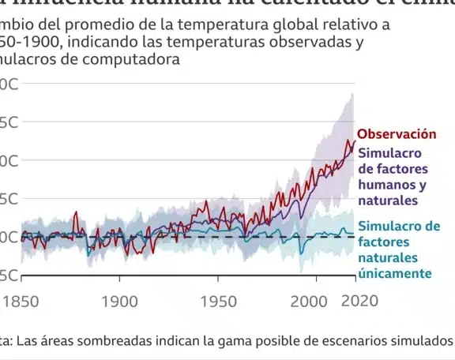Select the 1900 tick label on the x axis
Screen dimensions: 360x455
tap(119, 301)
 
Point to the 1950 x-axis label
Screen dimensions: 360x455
tap(217, 301)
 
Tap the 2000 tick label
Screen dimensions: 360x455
tap(316, 301)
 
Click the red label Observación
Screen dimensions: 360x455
tap(397, 134)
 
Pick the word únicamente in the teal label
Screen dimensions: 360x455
tap(395, 273)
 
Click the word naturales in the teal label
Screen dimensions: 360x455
tap(389, 257)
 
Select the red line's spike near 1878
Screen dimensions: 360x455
tap(77, 212)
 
